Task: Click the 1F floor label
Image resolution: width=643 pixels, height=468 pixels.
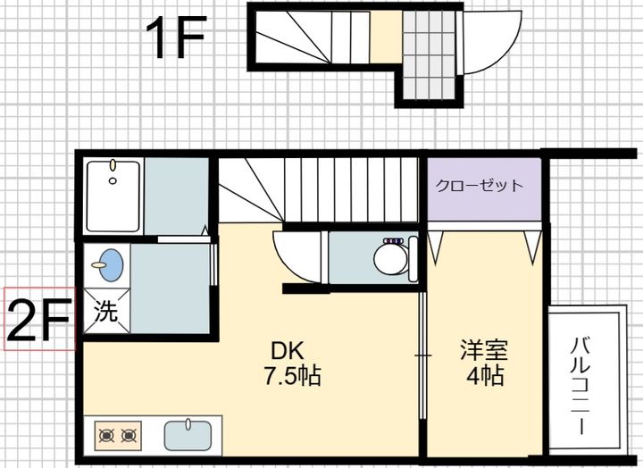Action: pos(176,38)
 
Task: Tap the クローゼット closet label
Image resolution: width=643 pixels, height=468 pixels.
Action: pos(480,186)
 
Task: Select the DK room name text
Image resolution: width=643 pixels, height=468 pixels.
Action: pos(288,351)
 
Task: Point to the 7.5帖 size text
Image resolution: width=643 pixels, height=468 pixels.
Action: pos(292,376)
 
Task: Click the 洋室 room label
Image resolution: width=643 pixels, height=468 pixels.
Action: pos(484,350)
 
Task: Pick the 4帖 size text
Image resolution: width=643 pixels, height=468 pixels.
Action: pos(485,375)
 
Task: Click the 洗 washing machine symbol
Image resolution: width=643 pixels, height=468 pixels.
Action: pos(106,311)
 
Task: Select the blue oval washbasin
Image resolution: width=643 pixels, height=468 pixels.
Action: pos(112,265)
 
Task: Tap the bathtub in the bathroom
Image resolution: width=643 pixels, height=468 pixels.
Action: pos(113,196)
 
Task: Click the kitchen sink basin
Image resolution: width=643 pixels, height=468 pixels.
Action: pos(188,436)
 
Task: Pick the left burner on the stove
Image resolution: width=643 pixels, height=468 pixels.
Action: pos(107,436)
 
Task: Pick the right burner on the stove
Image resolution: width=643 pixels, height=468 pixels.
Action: pos(129,436)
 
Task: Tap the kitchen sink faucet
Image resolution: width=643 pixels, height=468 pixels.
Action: pos(188,423)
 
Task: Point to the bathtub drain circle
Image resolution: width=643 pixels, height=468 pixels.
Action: pos(113,180)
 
